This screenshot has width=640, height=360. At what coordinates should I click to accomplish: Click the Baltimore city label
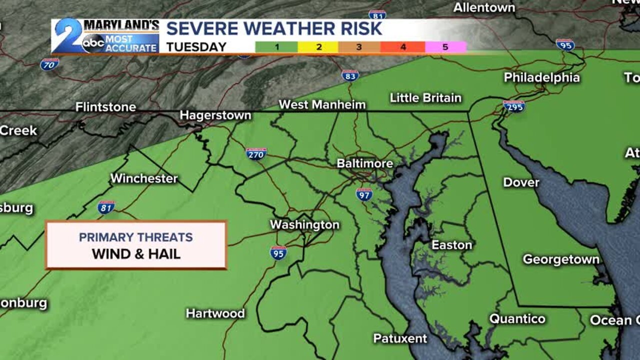[x=364, y=163]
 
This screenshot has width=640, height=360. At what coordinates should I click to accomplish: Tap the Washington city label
[x=304, y=224]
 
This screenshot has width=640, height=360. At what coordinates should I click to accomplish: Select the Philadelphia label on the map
[x=541, y=77]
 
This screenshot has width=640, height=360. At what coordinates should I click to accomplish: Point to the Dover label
[x=521, y=182]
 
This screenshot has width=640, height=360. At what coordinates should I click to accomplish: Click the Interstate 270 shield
[x=256, y=153]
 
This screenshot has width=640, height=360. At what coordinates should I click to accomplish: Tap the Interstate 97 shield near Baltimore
[x=364, y=194]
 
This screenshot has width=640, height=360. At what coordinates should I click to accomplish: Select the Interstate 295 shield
[x=514, y=106]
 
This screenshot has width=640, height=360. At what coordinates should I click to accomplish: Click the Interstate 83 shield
[x=350, y=75]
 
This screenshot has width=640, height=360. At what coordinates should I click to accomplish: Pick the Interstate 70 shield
[x=49, y=64]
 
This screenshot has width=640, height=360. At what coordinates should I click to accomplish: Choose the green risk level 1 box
[x=276, y=47]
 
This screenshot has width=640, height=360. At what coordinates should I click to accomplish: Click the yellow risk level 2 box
[x=318, y=47]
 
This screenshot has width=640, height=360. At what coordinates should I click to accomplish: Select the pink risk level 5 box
[x=445, y=47]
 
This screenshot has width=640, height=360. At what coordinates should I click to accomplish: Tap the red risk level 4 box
[x=402, y=47]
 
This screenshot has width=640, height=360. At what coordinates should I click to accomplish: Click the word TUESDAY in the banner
[x=196, y=47]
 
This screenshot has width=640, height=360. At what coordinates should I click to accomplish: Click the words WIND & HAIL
[x=136, y=253]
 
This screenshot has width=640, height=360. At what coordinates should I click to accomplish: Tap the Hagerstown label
[x=215, y=115]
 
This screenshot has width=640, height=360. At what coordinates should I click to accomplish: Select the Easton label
[x=451, y=244]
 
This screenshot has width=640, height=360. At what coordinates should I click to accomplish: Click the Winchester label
[x=144, y=178]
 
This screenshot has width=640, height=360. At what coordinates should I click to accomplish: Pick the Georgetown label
[x=561, y=259]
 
